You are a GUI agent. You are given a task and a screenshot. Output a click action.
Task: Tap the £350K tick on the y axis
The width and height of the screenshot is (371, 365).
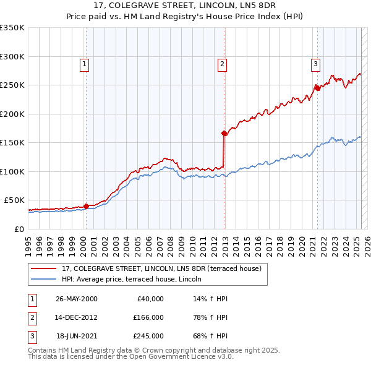click(12, 28)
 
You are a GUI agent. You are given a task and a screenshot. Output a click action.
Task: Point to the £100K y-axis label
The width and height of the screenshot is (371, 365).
click(12, 171)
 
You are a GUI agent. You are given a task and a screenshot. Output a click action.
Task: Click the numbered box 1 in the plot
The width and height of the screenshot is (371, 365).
click(83, 62)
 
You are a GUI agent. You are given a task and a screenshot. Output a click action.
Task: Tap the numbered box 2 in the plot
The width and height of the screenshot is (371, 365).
click(222, 62)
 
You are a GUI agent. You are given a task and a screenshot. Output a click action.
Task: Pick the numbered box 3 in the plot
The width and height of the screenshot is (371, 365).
click(315, 62)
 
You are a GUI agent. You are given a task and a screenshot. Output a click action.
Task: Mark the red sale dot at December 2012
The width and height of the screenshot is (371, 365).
click(224, 133)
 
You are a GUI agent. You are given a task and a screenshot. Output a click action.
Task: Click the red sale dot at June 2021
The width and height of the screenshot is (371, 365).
click(318, 88)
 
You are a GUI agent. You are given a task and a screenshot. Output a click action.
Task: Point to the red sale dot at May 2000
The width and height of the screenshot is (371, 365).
click(86, 206)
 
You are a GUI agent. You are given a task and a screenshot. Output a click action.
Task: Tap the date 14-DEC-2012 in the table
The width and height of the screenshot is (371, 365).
click(76, 317)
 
